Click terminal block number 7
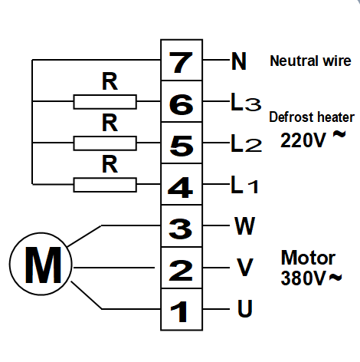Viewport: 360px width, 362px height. point(181,61)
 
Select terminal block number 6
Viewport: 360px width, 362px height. point(181,102)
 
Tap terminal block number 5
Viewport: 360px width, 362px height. point(181,143)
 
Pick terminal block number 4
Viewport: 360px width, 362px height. point(181,186)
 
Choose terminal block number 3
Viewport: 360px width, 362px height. point(181,227)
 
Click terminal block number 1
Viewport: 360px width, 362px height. point(181,310)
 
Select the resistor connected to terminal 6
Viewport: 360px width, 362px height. point(105,101)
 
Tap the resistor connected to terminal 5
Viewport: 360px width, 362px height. point(105,143)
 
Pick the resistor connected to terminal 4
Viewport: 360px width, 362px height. point(105,184)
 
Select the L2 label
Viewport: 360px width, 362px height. point(245,143)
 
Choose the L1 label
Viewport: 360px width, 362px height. point(245,185)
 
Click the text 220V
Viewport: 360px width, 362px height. point(305,140)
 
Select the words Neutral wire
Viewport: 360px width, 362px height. point(310,61)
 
